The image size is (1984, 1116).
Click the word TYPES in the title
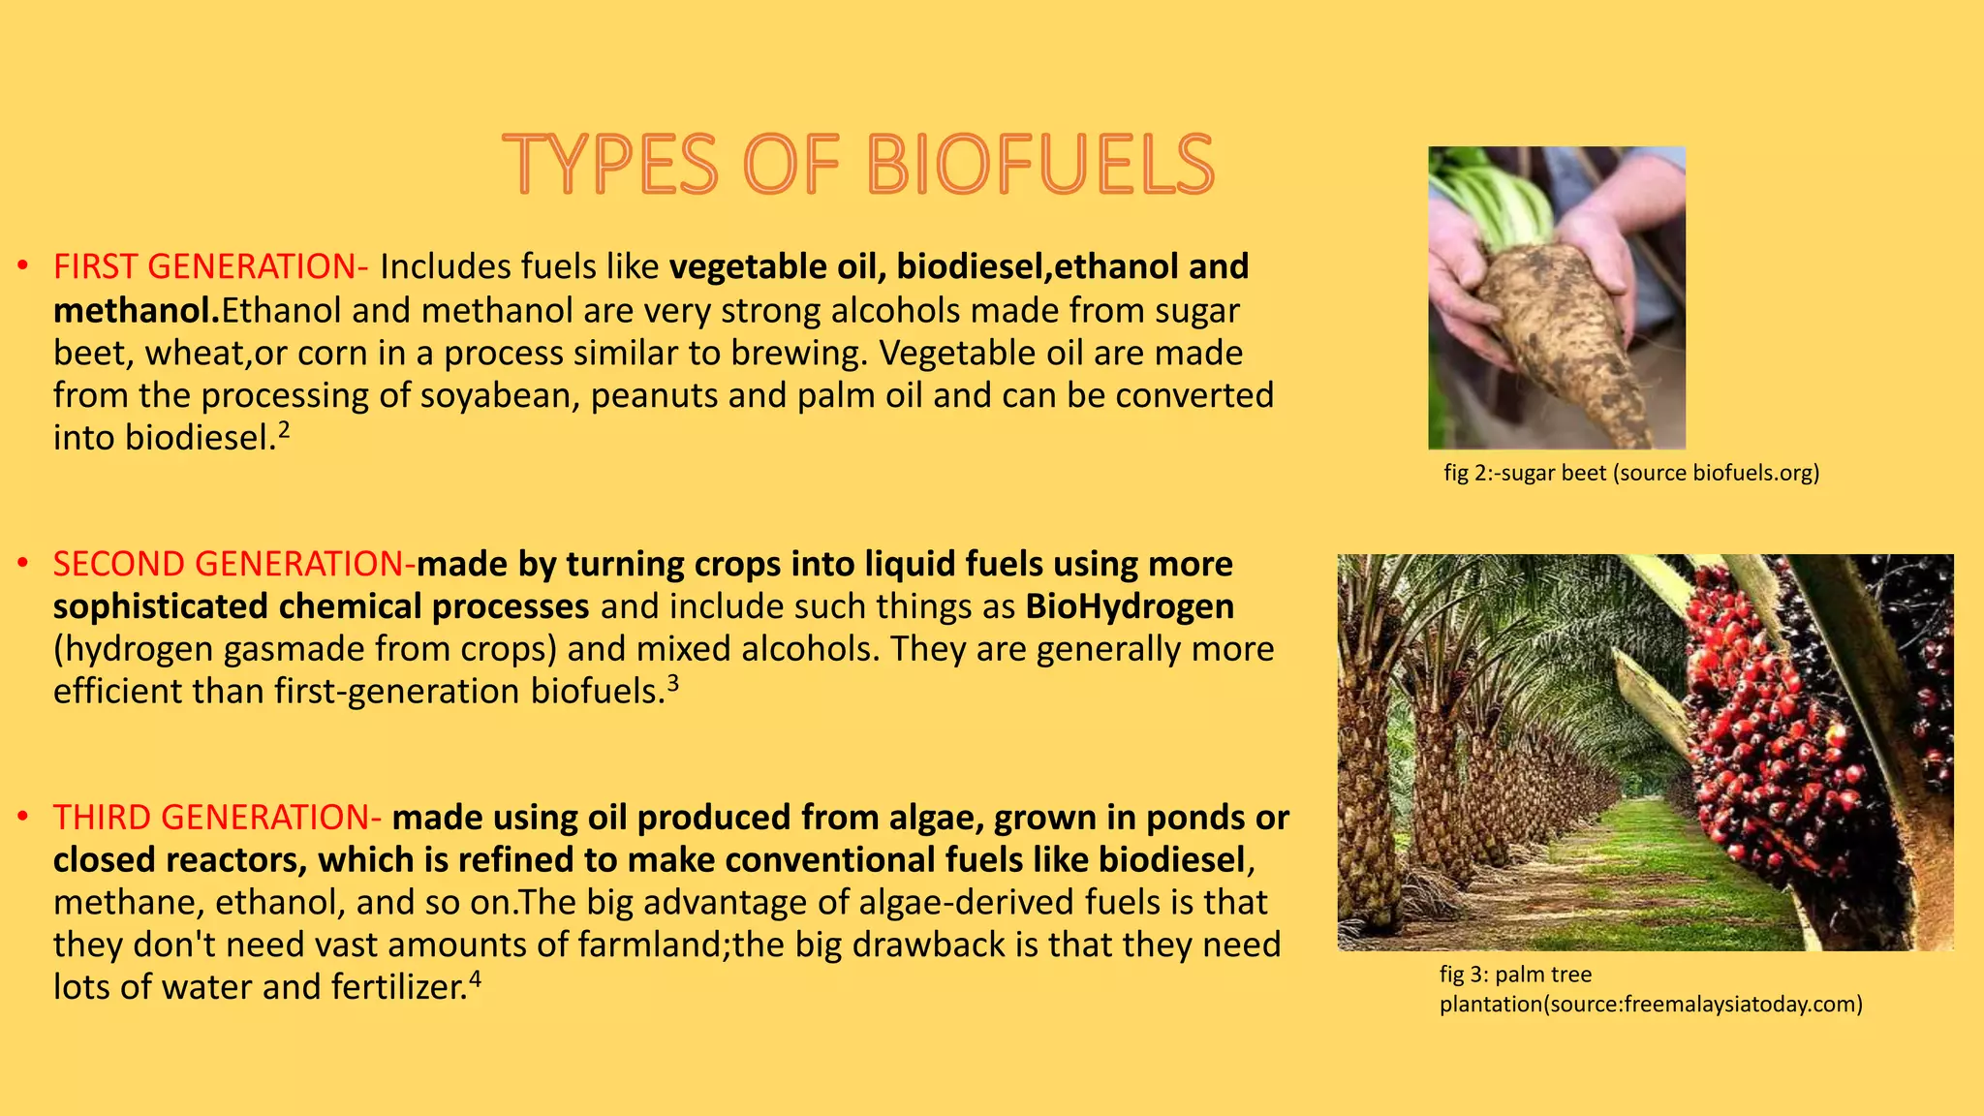click(x=610, y=165)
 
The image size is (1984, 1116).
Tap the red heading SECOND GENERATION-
click(x=233, y=564)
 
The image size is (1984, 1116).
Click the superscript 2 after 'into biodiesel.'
click(x=284, y=428)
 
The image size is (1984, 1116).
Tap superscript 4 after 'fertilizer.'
click(x=475, y=978)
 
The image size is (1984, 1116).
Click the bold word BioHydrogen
click(x=1130, y=606)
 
